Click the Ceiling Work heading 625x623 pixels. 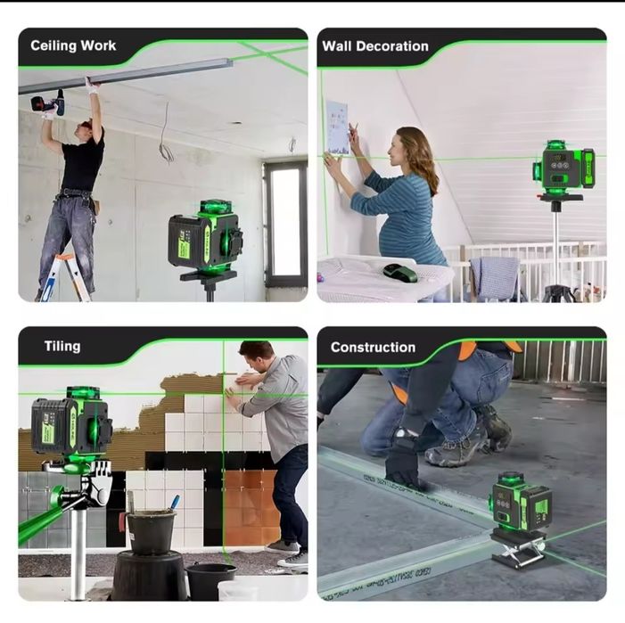pyautogui.click(x=73, y=45)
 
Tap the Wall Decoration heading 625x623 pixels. pyautogui.click(x=375, y=46)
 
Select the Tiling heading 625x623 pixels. pyautogui.click(x=62, y=347)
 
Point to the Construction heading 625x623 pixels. pyautogui.click(x=373, y=348)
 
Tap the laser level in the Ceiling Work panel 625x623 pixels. pyautogui.click(x=206, y=236)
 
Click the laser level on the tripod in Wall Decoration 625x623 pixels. pyautogui.click(x=563, y=167)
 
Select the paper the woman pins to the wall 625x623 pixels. pyautogui.click(x=337, y=127)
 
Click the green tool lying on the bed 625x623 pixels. pyautogui.click(x=399, y=272)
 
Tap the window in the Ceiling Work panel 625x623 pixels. pyautogui.click(x=285, y=223)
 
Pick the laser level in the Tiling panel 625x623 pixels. pyautogui.click(x=71, y=423)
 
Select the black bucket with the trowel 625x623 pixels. pyautogui.click(x=150, y=530)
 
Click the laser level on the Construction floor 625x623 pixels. pyautogui.click(x=521, y=504)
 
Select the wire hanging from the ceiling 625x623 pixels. pyautogui.click(x=165, y=135)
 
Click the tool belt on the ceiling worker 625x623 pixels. pyautogui.click(x=75, y=197)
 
